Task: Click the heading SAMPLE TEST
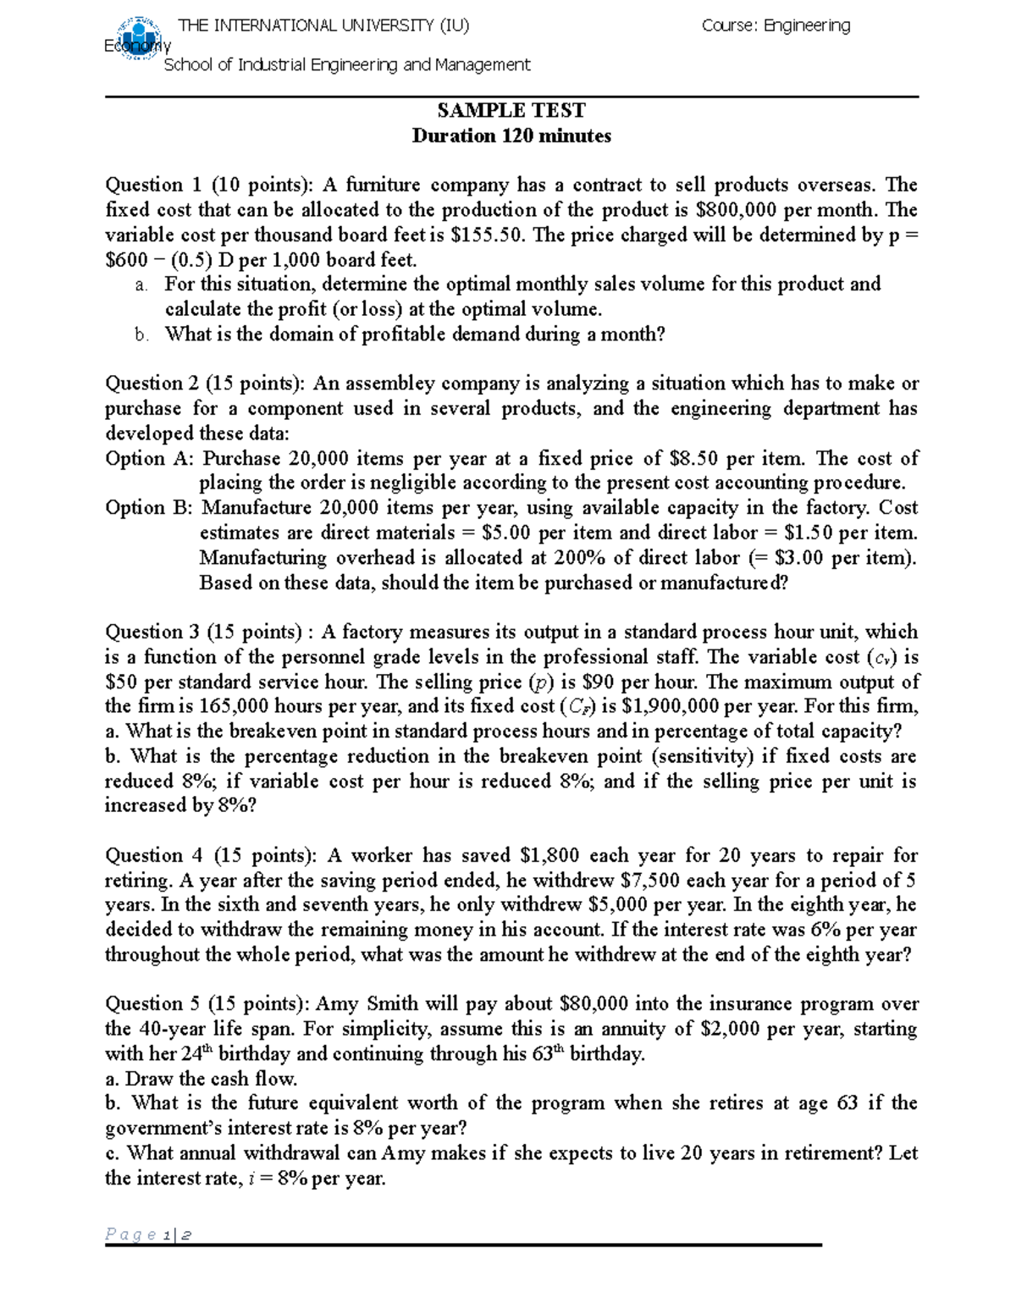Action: click(511, 110)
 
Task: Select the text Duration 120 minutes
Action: click(511, 135)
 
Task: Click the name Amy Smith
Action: click(367, 1003)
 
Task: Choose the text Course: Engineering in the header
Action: click(776, 25)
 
